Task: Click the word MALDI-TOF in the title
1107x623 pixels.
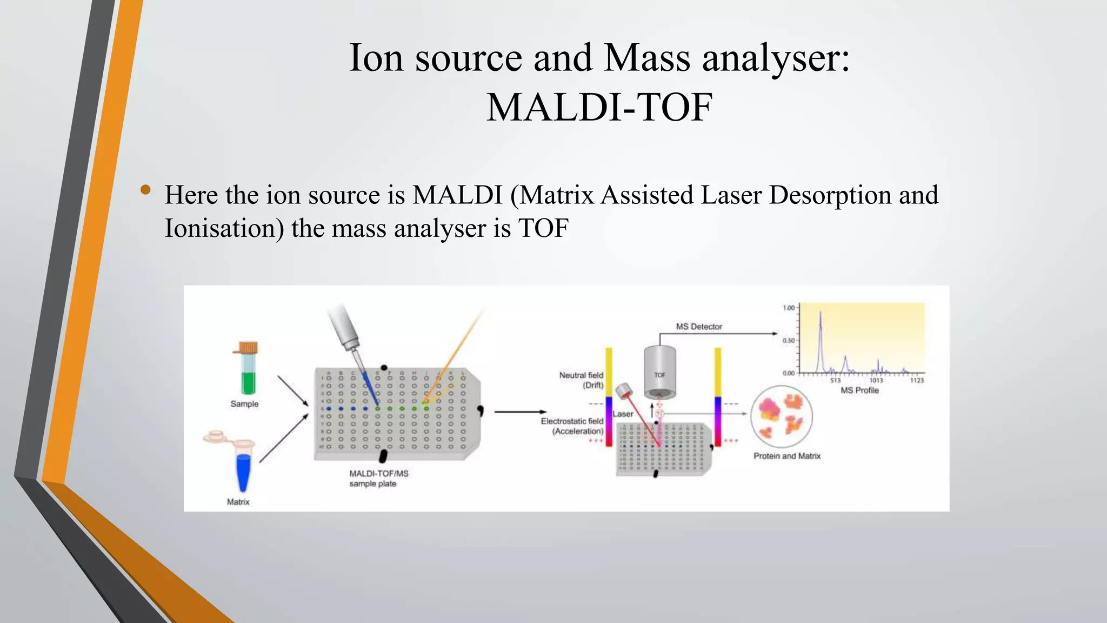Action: (x=599, y=107)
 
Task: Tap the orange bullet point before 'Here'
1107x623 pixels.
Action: (x=145, y=189)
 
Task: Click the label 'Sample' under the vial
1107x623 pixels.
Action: (x=244, y=404)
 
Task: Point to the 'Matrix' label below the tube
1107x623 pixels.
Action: (x=238, y=502)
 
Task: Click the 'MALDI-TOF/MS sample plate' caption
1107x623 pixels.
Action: (x=378, y=478)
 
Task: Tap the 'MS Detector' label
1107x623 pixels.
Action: (x=699, y=327)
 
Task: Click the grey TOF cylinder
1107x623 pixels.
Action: (x=660, y=373)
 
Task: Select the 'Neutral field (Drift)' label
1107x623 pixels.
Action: (x=582, y=380)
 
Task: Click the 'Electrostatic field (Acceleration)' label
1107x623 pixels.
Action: (x=572, y=426)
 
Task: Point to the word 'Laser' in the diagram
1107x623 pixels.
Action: (x=623, y=414)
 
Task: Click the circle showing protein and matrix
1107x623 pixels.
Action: (x=781, y=416)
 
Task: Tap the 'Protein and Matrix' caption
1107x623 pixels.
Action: (x=787, y=456)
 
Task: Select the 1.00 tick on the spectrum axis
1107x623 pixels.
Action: (x=789, y=308)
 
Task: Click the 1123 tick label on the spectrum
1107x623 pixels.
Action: (x=917, y=380)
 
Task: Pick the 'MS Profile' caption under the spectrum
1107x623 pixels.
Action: (x=859, y=390)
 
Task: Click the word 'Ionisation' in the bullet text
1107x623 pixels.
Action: (x=224, y=228)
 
